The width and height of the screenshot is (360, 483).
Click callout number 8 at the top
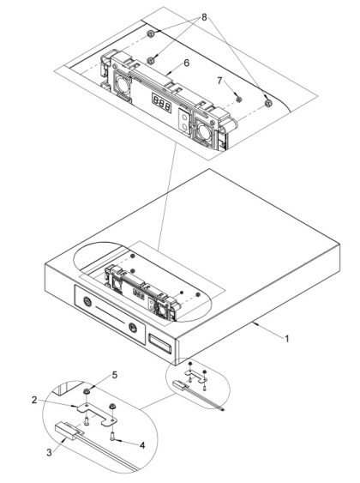click(204, 17)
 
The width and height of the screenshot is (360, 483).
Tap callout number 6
click(187, 63)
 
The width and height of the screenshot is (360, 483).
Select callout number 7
click(219, 81)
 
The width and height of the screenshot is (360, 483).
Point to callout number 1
click(287, 339)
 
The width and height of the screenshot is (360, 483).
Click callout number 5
click(115, 375)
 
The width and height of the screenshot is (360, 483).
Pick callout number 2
click(34, 400)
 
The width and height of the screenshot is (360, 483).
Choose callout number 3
click(49, 453)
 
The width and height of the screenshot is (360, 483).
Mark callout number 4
click(142, 445)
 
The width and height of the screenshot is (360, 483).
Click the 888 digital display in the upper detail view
click(161, 103)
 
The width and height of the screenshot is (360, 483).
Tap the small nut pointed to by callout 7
click(238, 100)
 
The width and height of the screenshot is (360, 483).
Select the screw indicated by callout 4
click(111, 436)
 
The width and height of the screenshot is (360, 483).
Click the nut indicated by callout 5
click(87, 391)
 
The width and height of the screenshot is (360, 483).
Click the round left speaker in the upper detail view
click(123, 84)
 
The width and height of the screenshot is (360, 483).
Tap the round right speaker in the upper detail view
click(204, 131)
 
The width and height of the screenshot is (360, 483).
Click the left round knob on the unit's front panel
click(87, 301)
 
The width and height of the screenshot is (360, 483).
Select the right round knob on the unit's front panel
click(133, 328)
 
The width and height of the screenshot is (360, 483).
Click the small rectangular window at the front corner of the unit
click(159, 343)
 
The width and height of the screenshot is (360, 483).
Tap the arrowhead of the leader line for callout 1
click(254, 323)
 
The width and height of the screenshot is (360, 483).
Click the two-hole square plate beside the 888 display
click(184, 121)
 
